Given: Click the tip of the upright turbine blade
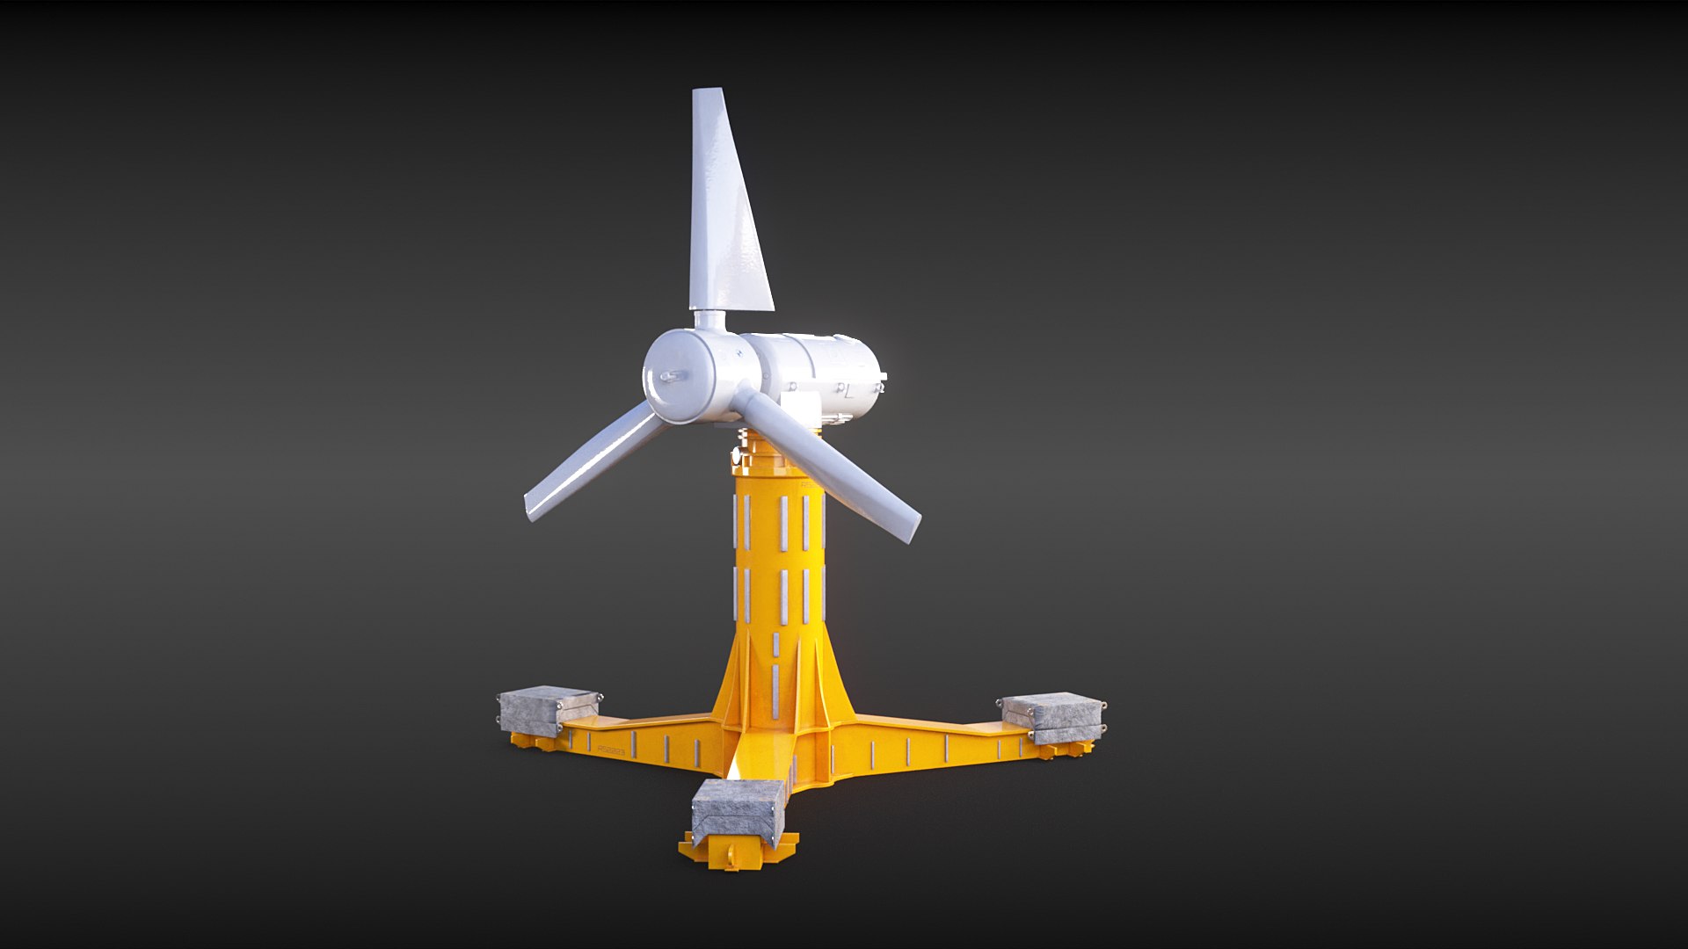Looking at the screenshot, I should click(707, 92).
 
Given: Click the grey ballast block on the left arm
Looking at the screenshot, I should click(546, 708).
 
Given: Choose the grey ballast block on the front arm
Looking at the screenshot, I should click(737, 809).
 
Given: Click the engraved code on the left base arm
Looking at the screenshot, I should click(610, 751).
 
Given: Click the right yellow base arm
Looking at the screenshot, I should click(932, 738).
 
